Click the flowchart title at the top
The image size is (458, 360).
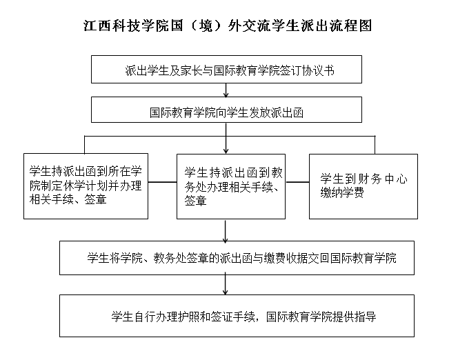(228, 26)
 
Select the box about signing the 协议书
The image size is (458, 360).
(226, 70)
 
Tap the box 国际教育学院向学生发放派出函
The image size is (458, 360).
(226, 110)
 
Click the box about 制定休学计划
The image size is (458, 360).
(86, 186)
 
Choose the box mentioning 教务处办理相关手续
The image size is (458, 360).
(231, 187)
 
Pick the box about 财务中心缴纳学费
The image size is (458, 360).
(364, 187)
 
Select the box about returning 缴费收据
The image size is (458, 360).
(237, 258)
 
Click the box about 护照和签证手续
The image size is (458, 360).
(237, 316)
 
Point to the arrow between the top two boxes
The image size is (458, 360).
(226, 90)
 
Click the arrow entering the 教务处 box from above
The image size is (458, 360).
(226, 138)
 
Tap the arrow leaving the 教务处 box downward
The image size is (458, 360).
(225, 232)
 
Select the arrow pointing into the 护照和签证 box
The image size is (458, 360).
(225, 283)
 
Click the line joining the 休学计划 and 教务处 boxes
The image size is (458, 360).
(162, 182)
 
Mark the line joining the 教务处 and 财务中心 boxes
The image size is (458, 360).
(297, 182)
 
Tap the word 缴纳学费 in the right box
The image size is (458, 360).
(342, 192)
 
